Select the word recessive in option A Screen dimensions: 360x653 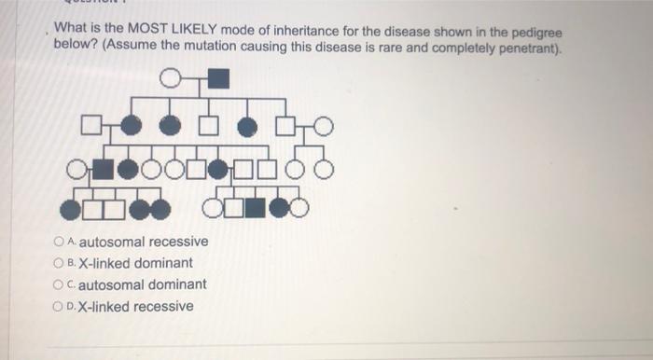pos(175,242)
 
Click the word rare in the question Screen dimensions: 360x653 pos(385,48)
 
